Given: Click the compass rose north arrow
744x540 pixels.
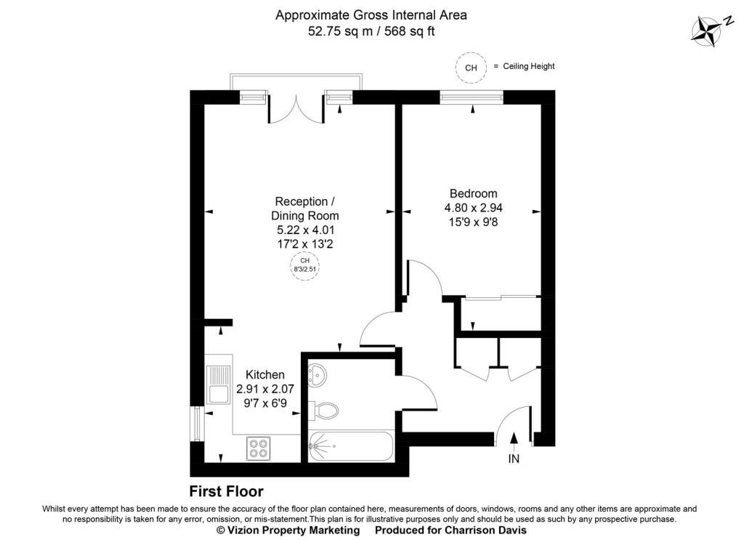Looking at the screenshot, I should (x=705, y=31).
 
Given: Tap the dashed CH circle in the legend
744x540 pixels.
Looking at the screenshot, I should (x=471, y=68).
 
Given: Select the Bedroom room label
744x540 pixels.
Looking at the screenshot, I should (x=473, y=193).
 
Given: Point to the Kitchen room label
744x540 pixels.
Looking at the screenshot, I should (x=264, y=375).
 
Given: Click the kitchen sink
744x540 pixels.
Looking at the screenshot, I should (x=217, y=384).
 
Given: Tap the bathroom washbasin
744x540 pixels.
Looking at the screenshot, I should (x=318, y=375).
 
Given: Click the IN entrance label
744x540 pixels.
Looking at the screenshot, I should (x=514, y=459).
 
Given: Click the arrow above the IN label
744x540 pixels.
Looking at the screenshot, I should (x=514, y=438).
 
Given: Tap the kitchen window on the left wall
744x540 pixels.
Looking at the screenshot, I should (x=194, y=423).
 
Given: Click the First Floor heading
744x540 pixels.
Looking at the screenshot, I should (x=226, y=492).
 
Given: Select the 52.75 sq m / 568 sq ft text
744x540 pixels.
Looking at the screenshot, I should (x=371, y=31).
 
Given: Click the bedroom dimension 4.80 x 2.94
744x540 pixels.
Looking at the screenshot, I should (x=473, y=208).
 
